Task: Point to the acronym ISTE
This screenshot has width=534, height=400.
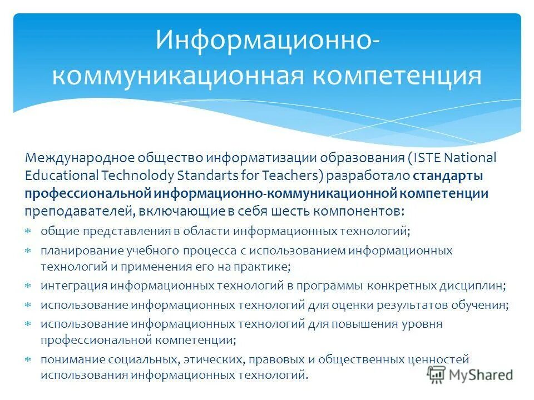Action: click(x=430, y=158)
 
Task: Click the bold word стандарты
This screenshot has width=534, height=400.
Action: click(x=448, y=176)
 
